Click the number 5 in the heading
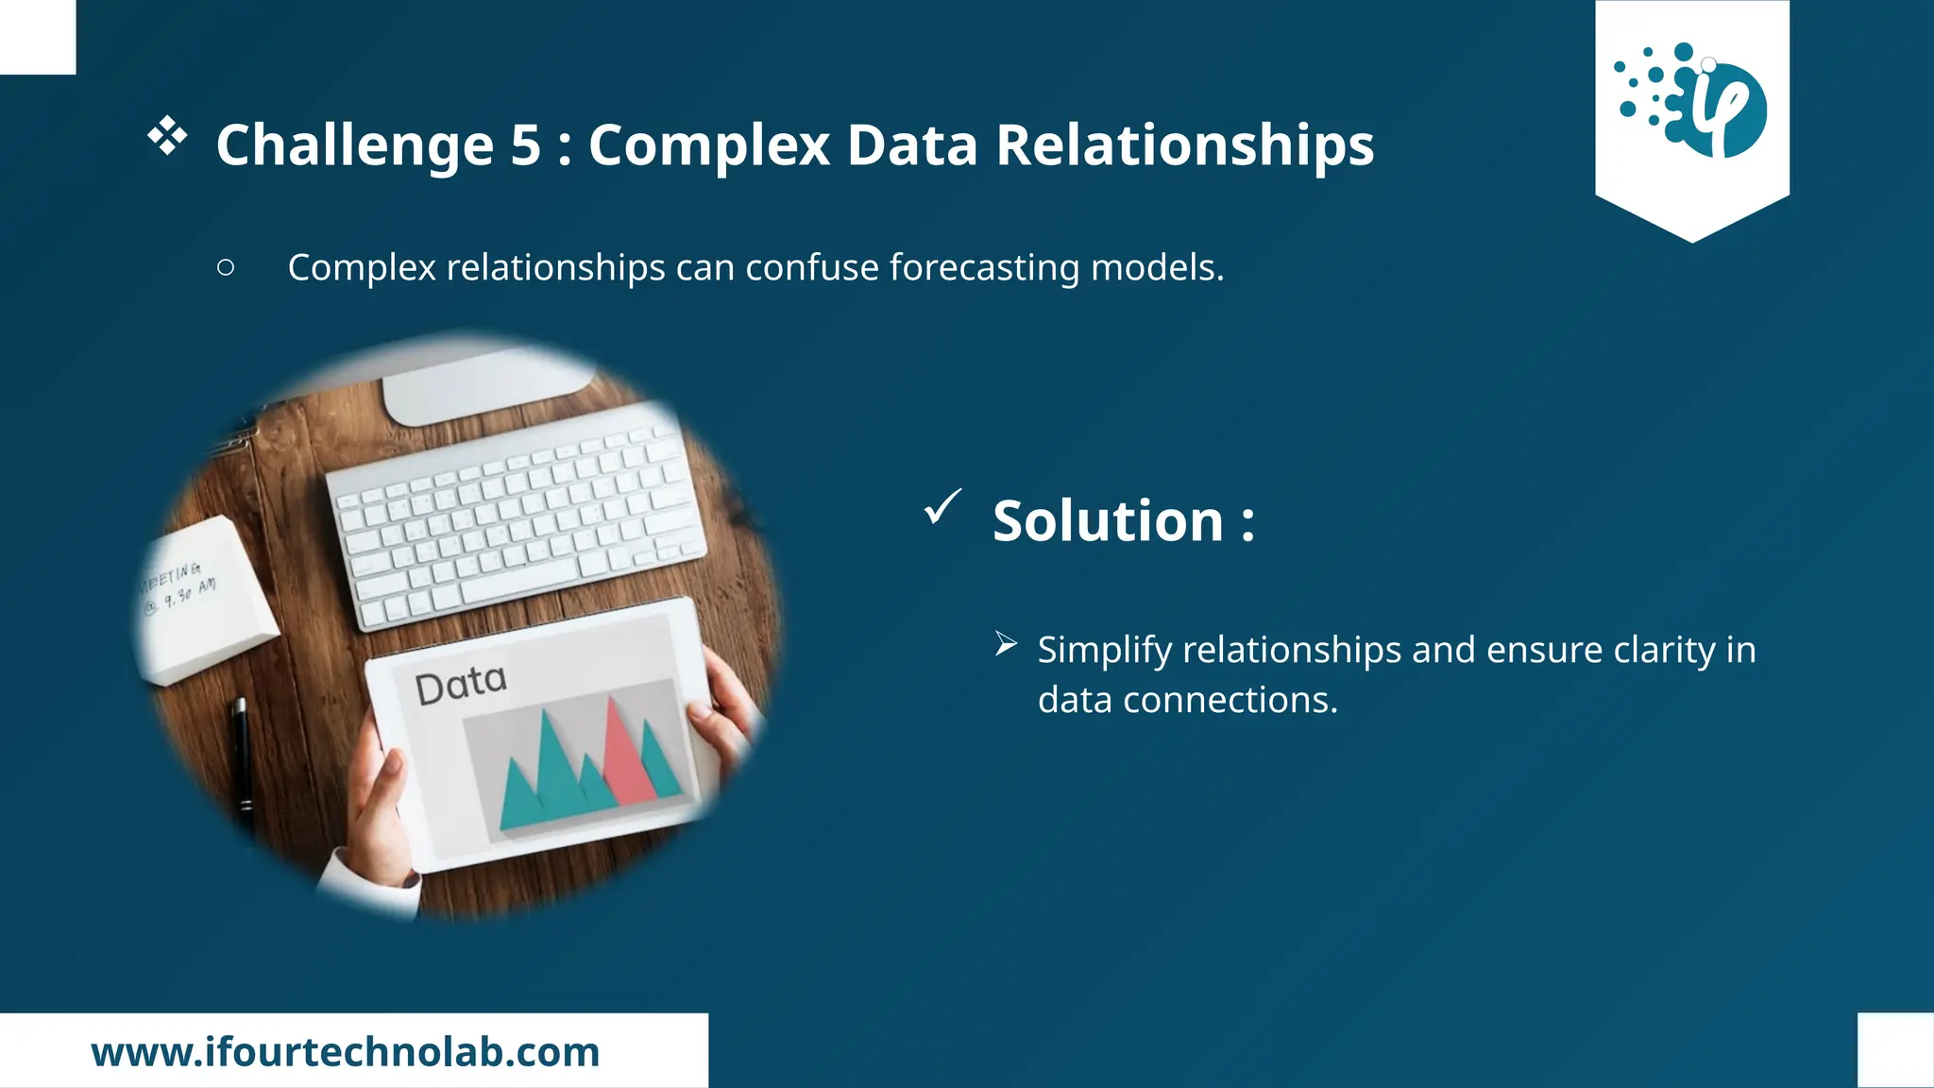tap(525, 145)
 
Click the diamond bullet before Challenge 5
tap(167, 136)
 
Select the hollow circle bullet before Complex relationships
tap(226, 267)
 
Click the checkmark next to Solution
tap(942, 506)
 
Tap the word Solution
tap(1108, 520)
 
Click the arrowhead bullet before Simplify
tap(1006, 645)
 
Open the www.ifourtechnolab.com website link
tap(346, 1052)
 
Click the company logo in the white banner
tap(1691, 100)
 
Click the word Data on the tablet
tap(461, 684)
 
